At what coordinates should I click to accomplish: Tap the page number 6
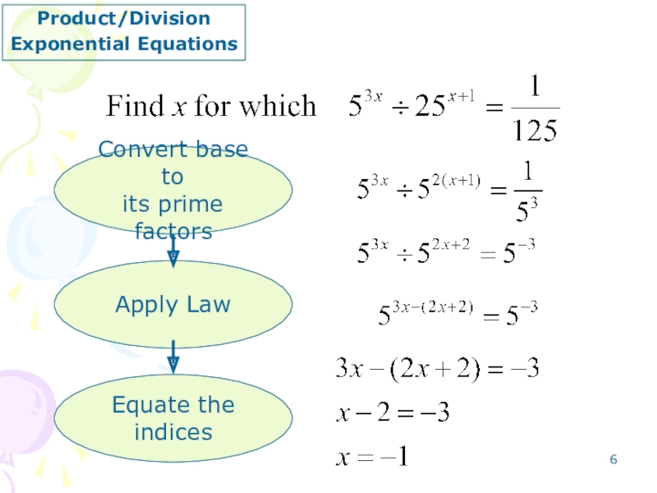(x=613, y=459)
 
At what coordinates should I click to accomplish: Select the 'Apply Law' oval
(x=172, y=305)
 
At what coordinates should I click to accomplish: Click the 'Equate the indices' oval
(x=172, y=418)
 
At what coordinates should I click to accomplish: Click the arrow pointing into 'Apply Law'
(x=173, y=249)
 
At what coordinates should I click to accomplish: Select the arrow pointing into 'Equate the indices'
(x=173, y=355)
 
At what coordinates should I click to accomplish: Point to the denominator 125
(x=534, y=130)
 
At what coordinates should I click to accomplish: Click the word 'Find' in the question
(x=134, y=106)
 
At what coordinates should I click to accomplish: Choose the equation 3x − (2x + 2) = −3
(x=436, y=368)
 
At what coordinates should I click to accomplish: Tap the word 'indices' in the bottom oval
(x=173, y=431)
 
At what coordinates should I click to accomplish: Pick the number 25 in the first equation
(x=426, y=108)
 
